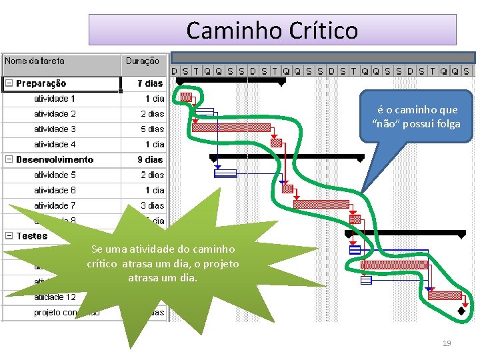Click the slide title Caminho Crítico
[x=272, y=30]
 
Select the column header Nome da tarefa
[x=35, y=61]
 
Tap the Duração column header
[x=142, y=61]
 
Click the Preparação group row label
[x=41, y=83]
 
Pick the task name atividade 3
[x=55, y=129]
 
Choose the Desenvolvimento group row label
[x=55, y=159]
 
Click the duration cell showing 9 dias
[x=150, y=159]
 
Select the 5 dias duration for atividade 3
[x=152, y=129]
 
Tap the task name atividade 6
[x=55, y=190]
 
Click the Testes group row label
[x=32, y=236]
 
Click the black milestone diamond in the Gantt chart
[x=461, y=311]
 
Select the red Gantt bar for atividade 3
[x=231, y=127]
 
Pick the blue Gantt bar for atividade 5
[x=225, y=173]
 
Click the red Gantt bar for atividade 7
[x=321, y=204]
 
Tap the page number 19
[x=447, y=343]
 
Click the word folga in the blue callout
[x=447, y=123]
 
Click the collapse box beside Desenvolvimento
[x=9, y=159]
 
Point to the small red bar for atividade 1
[x=186, y=97]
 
